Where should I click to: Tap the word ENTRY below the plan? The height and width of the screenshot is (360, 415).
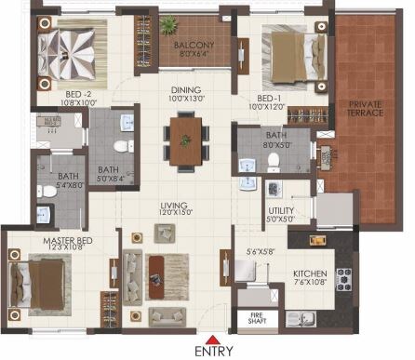click(215, 352)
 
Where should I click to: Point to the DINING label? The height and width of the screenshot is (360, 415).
click(183, 88)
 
